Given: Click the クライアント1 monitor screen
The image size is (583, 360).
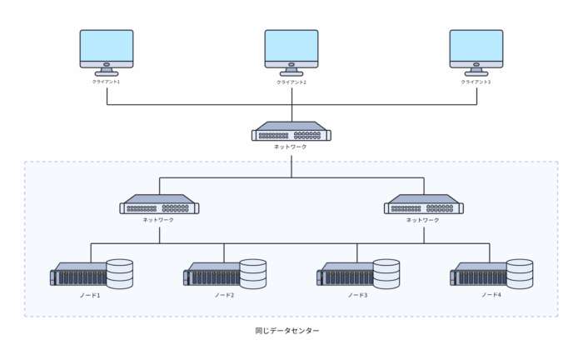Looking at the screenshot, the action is click(x=107, y=46).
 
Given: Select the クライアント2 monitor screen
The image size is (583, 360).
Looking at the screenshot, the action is click(x=291, y=46).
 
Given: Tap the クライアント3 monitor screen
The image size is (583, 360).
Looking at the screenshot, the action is click(x=476, y=46).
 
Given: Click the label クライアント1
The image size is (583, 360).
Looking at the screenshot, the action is click(x=107, y=82).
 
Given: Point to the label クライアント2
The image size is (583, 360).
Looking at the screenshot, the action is click(x=291, y=82).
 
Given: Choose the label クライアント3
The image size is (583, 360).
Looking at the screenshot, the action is click(x=476, y=82).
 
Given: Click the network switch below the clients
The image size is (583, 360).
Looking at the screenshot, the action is click(x=291, y=132).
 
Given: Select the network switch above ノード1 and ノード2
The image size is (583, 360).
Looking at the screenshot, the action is click(x=160, y=204).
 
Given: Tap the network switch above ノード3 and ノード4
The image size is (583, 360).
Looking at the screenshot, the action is click(x=424, y=204).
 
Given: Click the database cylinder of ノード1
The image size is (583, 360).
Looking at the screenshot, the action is click(x=120, y=274).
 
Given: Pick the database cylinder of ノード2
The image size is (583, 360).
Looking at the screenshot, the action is click(x=253, y=274).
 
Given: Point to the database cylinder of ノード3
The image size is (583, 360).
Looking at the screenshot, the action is click(x=386, y=274).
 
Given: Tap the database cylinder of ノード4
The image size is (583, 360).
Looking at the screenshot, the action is click(x=520, y=274).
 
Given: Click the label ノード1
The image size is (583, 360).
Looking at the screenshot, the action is click(x=90, y=295).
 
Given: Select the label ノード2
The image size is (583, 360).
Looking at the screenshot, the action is click(x=224, y=295).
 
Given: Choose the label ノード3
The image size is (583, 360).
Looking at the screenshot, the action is click(x=357, y=295).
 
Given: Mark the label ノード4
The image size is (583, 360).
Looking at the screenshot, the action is click(x=491, y=295).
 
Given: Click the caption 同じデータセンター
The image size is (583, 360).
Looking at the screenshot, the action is click(x=287, y=331).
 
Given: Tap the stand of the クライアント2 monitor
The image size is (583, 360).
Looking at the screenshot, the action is click(x=291, y=72).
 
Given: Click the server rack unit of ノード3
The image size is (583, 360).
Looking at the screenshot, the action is click(x=346, y=274).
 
